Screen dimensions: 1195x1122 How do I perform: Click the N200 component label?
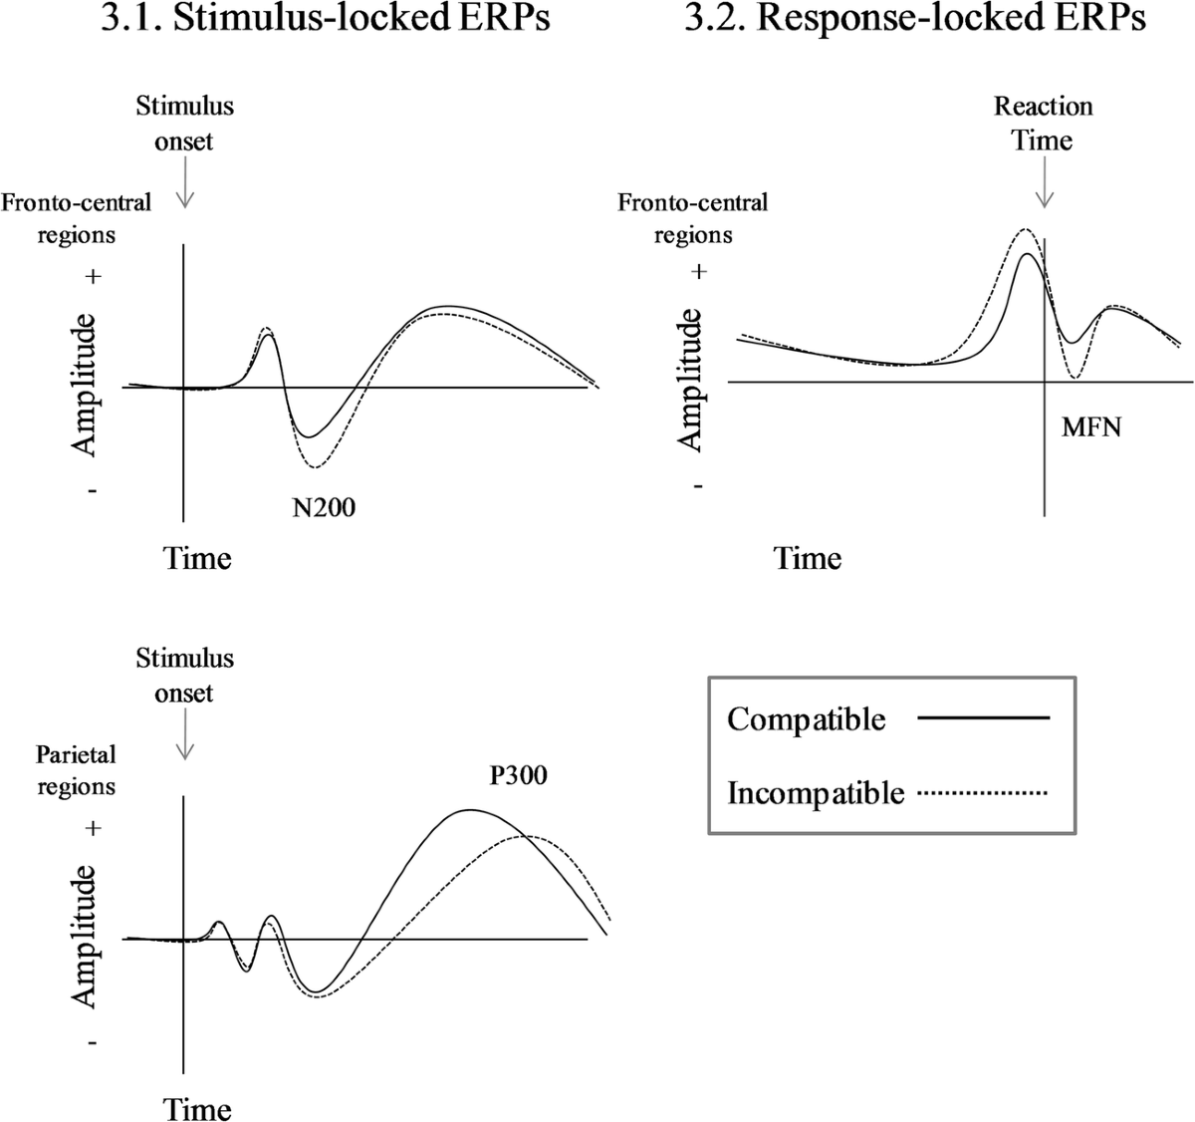pyautogui.click(x=323, y=507)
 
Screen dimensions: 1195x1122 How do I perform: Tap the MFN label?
pyautogui.click(x=1091, y=427)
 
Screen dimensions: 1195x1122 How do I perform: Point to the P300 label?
pyautogui.click(x=518, y=774)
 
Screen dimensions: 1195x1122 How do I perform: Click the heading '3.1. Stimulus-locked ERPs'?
pyautogui.click(x=325, y=20)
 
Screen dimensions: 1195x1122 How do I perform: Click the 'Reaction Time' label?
pyautogui.click(x=1043, y=123)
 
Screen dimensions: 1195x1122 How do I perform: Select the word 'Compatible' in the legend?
pyautogui.click(x=806, y=718)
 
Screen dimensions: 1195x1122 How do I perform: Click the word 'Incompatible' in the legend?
pyautogui.click(x=816, y=793)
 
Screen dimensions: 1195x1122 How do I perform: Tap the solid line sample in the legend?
pyautogui.click(x=983, y=717)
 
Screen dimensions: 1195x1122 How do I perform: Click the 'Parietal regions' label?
pyautogui.click(x=76, y=770)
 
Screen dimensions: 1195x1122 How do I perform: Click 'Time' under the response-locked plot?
pyautogui.click(x=808, y=558)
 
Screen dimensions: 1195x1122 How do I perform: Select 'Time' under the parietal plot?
pyautogui.click(x=197, y=1109)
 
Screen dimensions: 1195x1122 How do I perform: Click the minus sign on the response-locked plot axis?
pyautogui.click(x=699, y=486)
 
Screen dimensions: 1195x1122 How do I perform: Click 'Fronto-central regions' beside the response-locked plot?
pyautogui.click(x=693, y=218)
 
